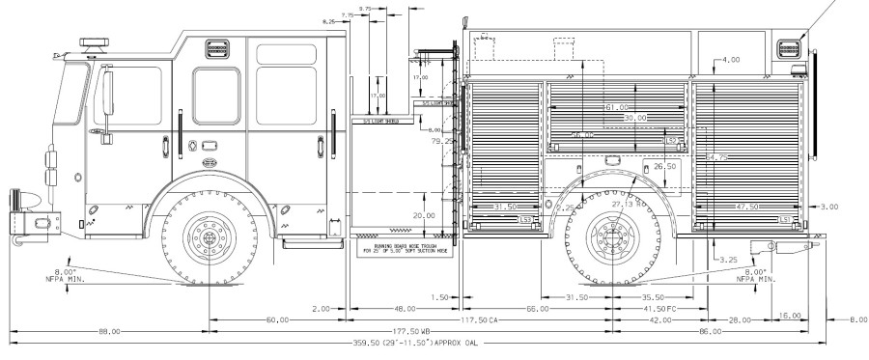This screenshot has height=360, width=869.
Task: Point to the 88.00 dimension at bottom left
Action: pos(109,331)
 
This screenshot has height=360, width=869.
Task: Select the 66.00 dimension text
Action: pos(537,309)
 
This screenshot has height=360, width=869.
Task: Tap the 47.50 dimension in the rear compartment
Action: pos(745,207)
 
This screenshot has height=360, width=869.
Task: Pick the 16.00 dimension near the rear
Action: pos(790,315)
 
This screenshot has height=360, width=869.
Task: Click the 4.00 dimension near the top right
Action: pos(730,60)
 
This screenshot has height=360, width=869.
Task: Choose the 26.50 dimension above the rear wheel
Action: pos(664,166)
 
